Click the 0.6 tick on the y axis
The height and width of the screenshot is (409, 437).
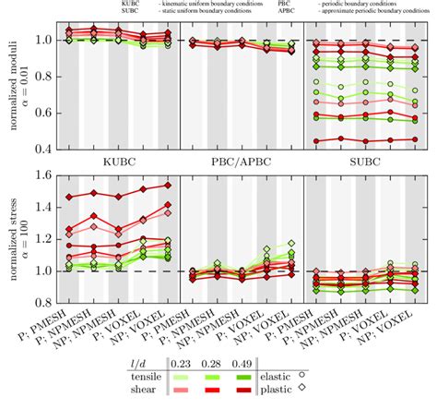(45, 113)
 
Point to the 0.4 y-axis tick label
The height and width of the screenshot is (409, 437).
(45, 149)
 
